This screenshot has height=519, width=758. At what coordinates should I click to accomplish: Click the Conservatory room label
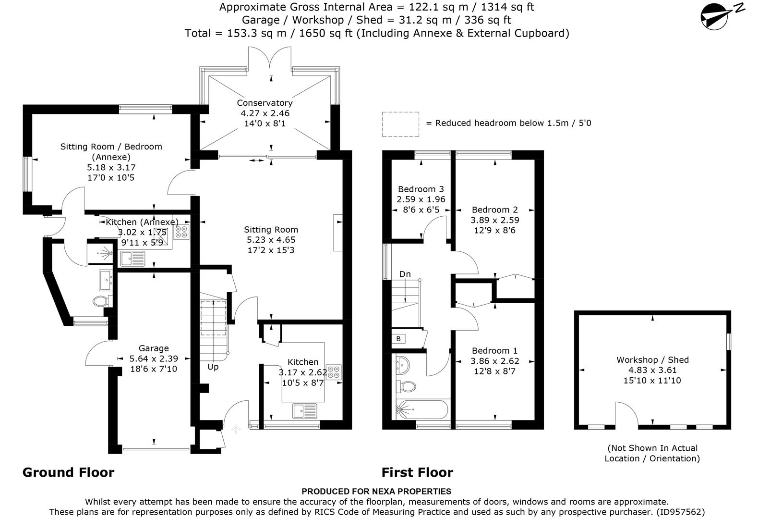(265, 103)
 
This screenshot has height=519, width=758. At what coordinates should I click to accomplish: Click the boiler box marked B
(398, 339)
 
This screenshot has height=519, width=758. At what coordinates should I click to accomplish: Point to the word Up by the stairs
(213, 367)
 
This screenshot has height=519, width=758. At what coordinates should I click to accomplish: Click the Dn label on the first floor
(405, 274)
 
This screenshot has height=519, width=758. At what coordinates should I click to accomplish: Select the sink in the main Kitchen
(305, 411)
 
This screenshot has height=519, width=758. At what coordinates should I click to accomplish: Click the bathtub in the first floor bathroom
(421, 410)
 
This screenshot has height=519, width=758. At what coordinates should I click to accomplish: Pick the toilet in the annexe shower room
(100, 302)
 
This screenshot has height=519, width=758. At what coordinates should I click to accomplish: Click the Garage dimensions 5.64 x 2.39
(154, 358)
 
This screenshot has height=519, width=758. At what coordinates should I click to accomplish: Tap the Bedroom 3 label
(421, 189)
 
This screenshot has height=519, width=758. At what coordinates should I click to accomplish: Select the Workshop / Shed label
(652, 359)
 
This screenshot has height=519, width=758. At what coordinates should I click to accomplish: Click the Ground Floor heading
(69, 472)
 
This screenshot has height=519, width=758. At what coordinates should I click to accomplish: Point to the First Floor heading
(417, 472)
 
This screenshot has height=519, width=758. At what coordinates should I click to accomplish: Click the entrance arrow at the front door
(236, 429)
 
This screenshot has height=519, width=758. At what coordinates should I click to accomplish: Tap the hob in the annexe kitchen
(181, 232)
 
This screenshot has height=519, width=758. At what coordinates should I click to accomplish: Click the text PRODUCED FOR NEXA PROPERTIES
(376, 491)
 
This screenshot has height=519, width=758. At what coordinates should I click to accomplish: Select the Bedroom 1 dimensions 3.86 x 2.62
(495, 361)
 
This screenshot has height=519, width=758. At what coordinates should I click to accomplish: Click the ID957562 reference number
(680, 512)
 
